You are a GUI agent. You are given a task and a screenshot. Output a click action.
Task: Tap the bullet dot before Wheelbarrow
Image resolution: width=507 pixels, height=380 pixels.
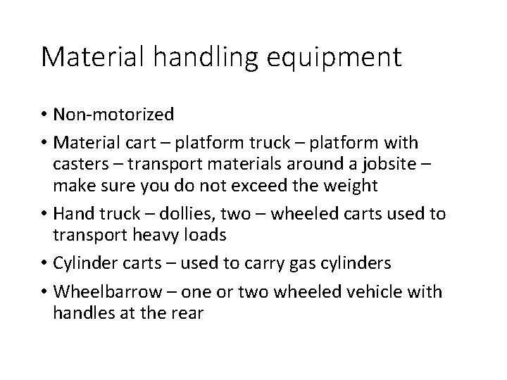[x=45, y=292]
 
